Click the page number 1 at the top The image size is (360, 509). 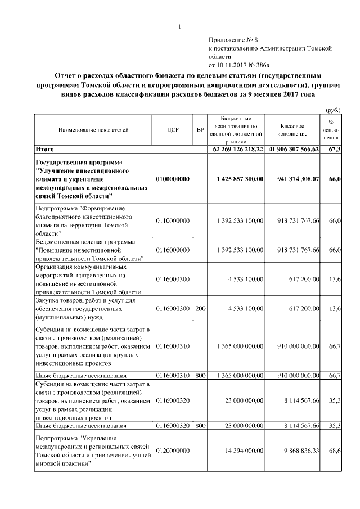[179, 27]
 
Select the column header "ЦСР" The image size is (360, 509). [173, 130]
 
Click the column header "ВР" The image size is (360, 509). [200, 130]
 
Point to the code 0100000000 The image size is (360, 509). [173, 178]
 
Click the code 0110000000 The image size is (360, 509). [173, 221]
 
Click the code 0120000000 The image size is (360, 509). [173, 451]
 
